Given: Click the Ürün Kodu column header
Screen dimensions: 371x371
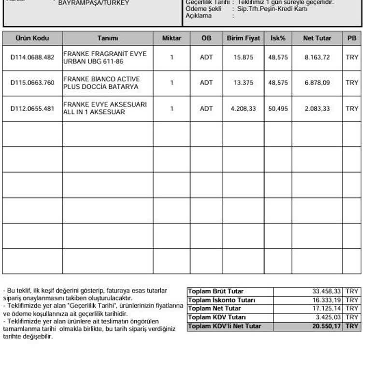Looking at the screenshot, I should click(32, 38).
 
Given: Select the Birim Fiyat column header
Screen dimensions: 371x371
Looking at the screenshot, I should click(243, 38).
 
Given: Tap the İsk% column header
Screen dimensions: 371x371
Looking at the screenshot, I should click(278, 38).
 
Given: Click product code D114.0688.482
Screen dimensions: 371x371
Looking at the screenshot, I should click(32, 57).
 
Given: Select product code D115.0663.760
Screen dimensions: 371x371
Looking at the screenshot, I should click(32, 83).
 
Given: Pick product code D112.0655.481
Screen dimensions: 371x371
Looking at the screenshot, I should click(32, 109).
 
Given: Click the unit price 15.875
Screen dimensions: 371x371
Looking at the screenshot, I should click(243, 57).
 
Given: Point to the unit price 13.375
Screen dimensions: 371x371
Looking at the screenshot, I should click(243, 83).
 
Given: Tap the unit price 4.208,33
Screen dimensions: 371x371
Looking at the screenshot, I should click(243, 109).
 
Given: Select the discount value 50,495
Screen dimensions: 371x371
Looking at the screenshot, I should click(278, 109).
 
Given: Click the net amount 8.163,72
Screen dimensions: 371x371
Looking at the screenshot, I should click(317, 57).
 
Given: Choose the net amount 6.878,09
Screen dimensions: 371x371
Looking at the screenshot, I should click(317, 83).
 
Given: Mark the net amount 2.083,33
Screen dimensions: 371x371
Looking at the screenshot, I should click(317, 109).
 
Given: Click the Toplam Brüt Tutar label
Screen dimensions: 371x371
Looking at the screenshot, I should click(215, 291).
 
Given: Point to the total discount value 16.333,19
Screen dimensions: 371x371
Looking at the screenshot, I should click(327, 300).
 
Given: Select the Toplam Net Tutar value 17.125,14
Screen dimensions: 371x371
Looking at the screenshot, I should click(327, 309).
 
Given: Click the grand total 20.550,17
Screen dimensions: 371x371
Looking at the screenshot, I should click(327, 326).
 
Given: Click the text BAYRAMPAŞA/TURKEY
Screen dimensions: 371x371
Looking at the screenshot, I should click(94, 3).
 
